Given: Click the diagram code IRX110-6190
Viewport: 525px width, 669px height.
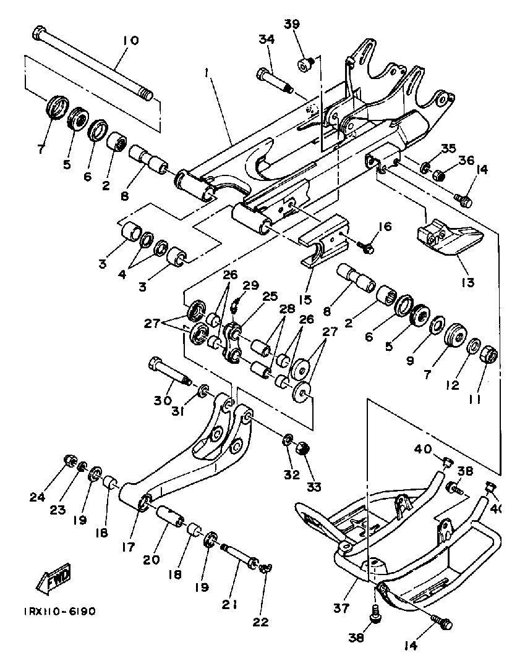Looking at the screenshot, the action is (x=60, y=612).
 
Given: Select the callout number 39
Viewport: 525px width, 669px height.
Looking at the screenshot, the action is (x=292, y=24).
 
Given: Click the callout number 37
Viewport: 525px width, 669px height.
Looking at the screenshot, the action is (x=341, y=607).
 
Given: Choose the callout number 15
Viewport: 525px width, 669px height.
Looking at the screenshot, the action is (x=305, y=300).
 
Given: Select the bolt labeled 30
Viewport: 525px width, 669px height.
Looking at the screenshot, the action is (x=170, y=372).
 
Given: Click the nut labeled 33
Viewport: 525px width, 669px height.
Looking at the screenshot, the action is (x=302, y=448).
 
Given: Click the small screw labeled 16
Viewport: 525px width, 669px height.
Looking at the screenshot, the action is (x=365, y=246).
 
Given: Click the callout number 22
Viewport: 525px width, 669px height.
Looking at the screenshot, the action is (x=260, y=621).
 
